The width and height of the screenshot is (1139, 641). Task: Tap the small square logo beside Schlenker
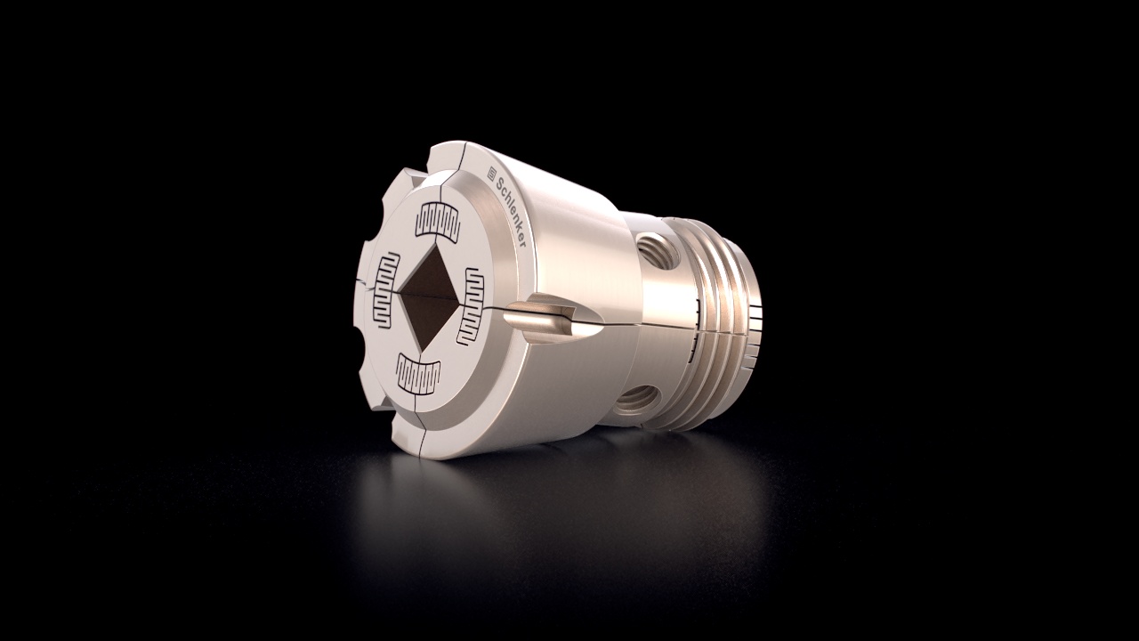pos(492,173)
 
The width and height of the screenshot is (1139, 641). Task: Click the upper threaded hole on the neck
pos(657,251)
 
